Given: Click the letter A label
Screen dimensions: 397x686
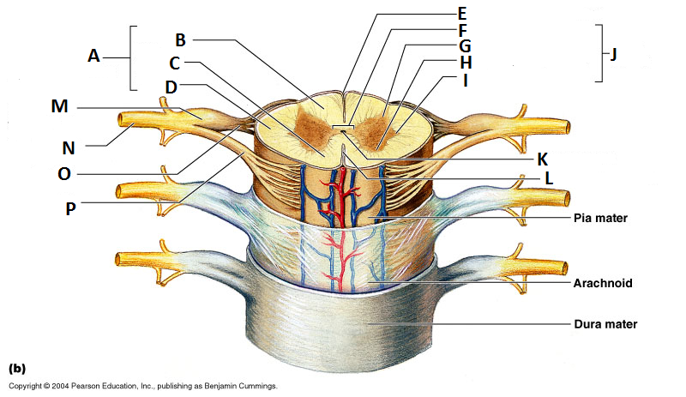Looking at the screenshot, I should [x=93, y=56].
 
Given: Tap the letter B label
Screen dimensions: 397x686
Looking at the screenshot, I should [x=180, y=39].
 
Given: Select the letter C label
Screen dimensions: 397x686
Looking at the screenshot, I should [x=174, y=63].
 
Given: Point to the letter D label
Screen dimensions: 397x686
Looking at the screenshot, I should [x=171, y=87].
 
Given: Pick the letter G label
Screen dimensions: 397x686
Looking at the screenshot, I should [x=464, y=45].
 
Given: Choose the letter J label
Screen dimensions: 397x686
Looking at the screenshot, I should [x=613, y=54].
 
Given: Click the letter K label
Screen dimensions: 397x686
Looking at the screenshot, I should [x=542, y=159].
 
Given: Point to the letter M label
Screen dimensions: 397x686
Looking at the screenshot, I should [x=59, y=107].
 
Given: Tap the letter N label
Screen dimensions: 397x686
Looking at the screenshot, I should [x=69, y=147].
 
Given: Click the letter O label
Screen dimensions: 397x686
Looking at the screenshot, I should [x=64, y=175].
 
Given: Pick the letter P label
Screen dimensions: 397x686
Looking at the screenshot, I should [x=71, y=208].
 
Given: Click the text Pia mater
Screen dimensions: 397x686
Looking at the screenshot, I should [x=600, y=219].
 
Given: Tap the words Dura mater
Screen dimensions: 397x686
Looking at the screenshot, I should [x=605, y=325].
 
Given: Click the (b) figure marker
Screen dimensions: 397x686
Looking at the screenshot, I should [x=17, y=369].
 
